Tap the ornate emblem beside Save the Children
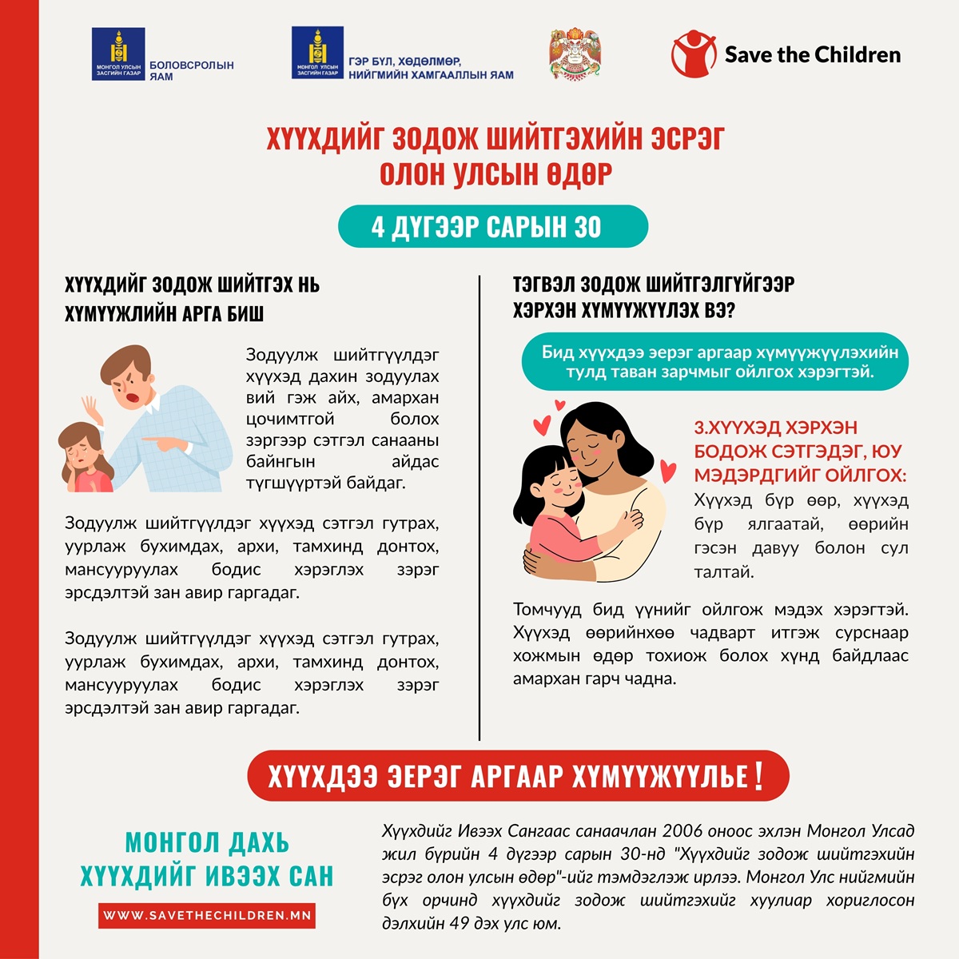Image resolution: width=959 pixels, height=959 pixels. tap(575, 54)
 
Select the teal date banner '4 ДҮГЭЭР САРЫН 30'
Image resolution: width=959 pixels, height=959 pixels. tap(492, 227)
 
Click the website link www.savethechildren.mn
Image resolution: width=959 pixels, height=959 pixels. tap(207, 915)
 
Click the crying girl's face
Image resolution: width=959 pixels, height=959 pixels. tap(82, 456)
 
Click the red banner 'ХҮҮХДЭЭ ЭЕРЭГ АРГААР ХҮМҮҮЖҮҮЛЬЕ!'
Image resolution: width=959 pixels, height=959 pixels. tap(518, 775)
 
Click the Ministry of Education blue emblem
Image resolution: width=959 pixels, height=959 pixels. tap(118, 54)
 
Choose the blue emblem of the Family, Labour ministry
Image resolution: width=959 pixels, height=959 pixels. tap(317, 53)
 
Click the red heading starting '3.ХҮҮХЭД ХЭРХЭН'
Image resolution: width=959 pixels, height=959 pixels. tap(799, 452)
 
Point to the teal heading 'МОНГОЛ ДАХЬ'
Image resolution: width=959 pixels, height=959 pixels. tap(207, 842)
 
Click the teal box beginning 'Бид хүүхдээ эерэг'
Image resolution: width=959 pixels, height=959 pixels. tap(715, 362)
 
